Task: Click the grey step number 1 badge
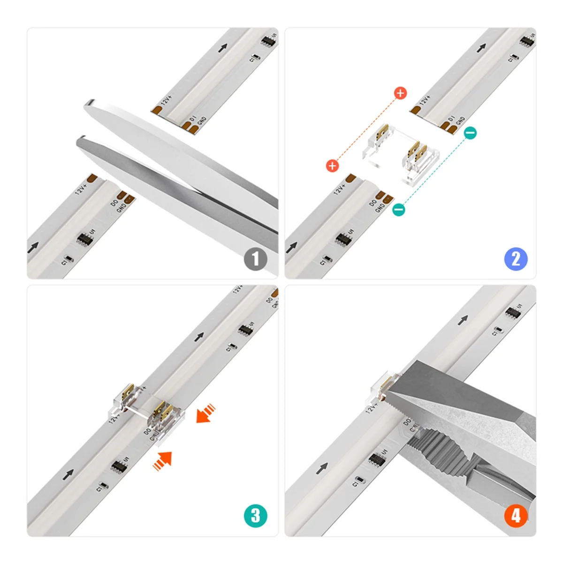click(x=255, y=259)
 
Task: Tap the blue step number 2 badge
click(x=516, y=259)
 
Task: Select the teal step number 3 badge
click(x=255, y=516)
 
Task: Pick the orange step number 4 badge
click(x=516, y=516)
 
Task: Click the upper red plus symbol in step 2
click(x=400, y=93)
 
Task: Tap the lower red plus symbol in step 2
click(x=332, y=165)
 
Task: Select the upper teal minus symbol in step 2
click(x=470, y=133)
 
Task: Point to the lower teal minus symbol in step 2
click(x=398, y=209)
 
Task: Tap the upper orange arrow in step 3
click(x=205, y=413)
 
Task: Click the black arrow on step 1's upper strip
click(x=222, y=47)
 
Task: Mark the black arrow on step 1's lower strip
click(x=33, y=248)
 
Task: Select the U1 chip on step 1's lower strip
click(x=85, y=238)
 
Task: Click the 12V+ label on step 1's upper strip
click(x=167, y=100)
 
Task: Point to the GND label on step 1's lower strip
click(x=122, y=206)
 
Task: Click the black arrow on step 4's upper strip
click(x=463, y=320)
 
